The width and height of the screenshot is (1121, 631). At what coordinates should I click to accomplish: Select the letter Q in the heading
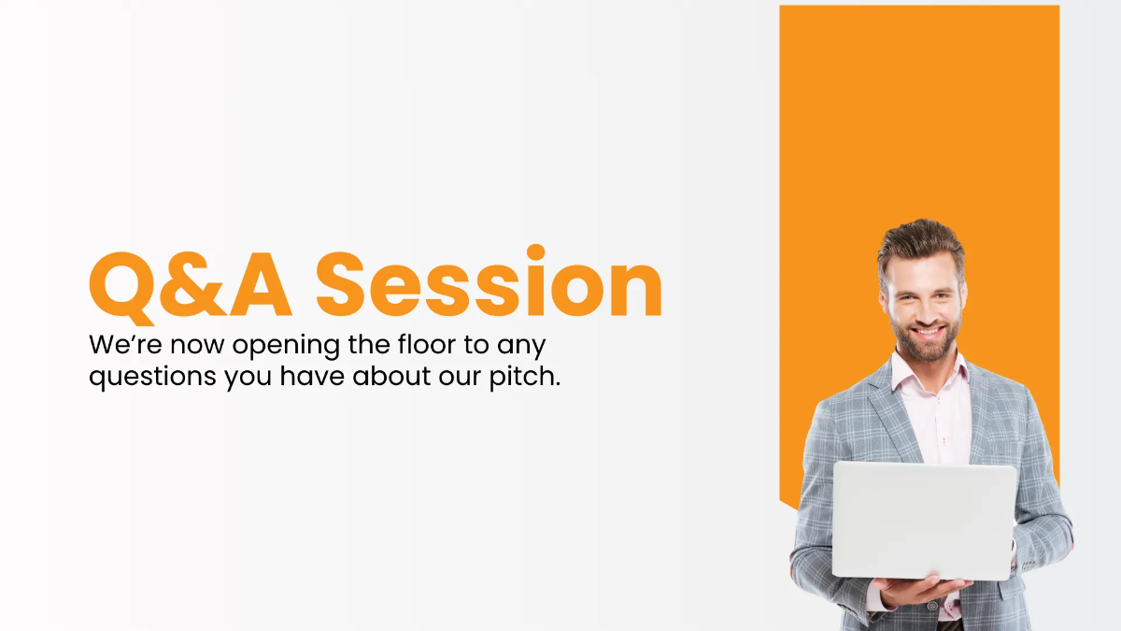click(x=127, y=283)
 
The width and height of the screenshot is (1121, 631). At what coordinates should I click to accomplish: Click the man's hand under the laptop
click(x=920, y=589)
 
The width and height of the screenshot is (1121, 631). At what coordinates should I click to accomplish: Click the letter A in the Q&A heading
click(x=256, y=281)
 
